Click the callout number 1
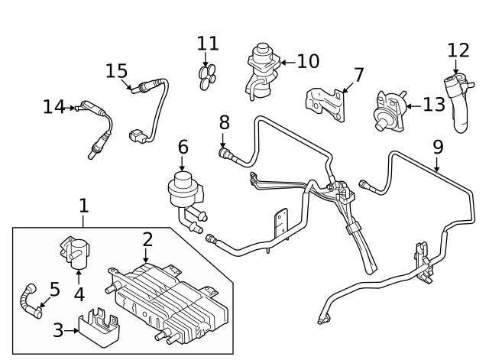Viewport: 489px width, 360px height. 84,205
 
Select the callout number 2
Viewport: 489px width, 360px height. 147,240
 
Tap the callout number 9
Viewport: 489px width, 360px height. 438,145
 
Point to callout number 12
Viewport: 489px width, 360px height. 458,51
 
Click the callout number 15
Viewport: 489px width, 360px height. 116,71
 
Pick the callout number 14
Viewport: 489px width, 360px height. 53,107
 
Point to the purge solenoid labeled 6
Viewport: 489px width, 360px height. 183,191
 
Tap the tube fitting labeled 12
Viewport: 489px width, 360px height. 460,103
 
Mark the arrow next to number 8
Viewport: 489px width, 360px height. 224,141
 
